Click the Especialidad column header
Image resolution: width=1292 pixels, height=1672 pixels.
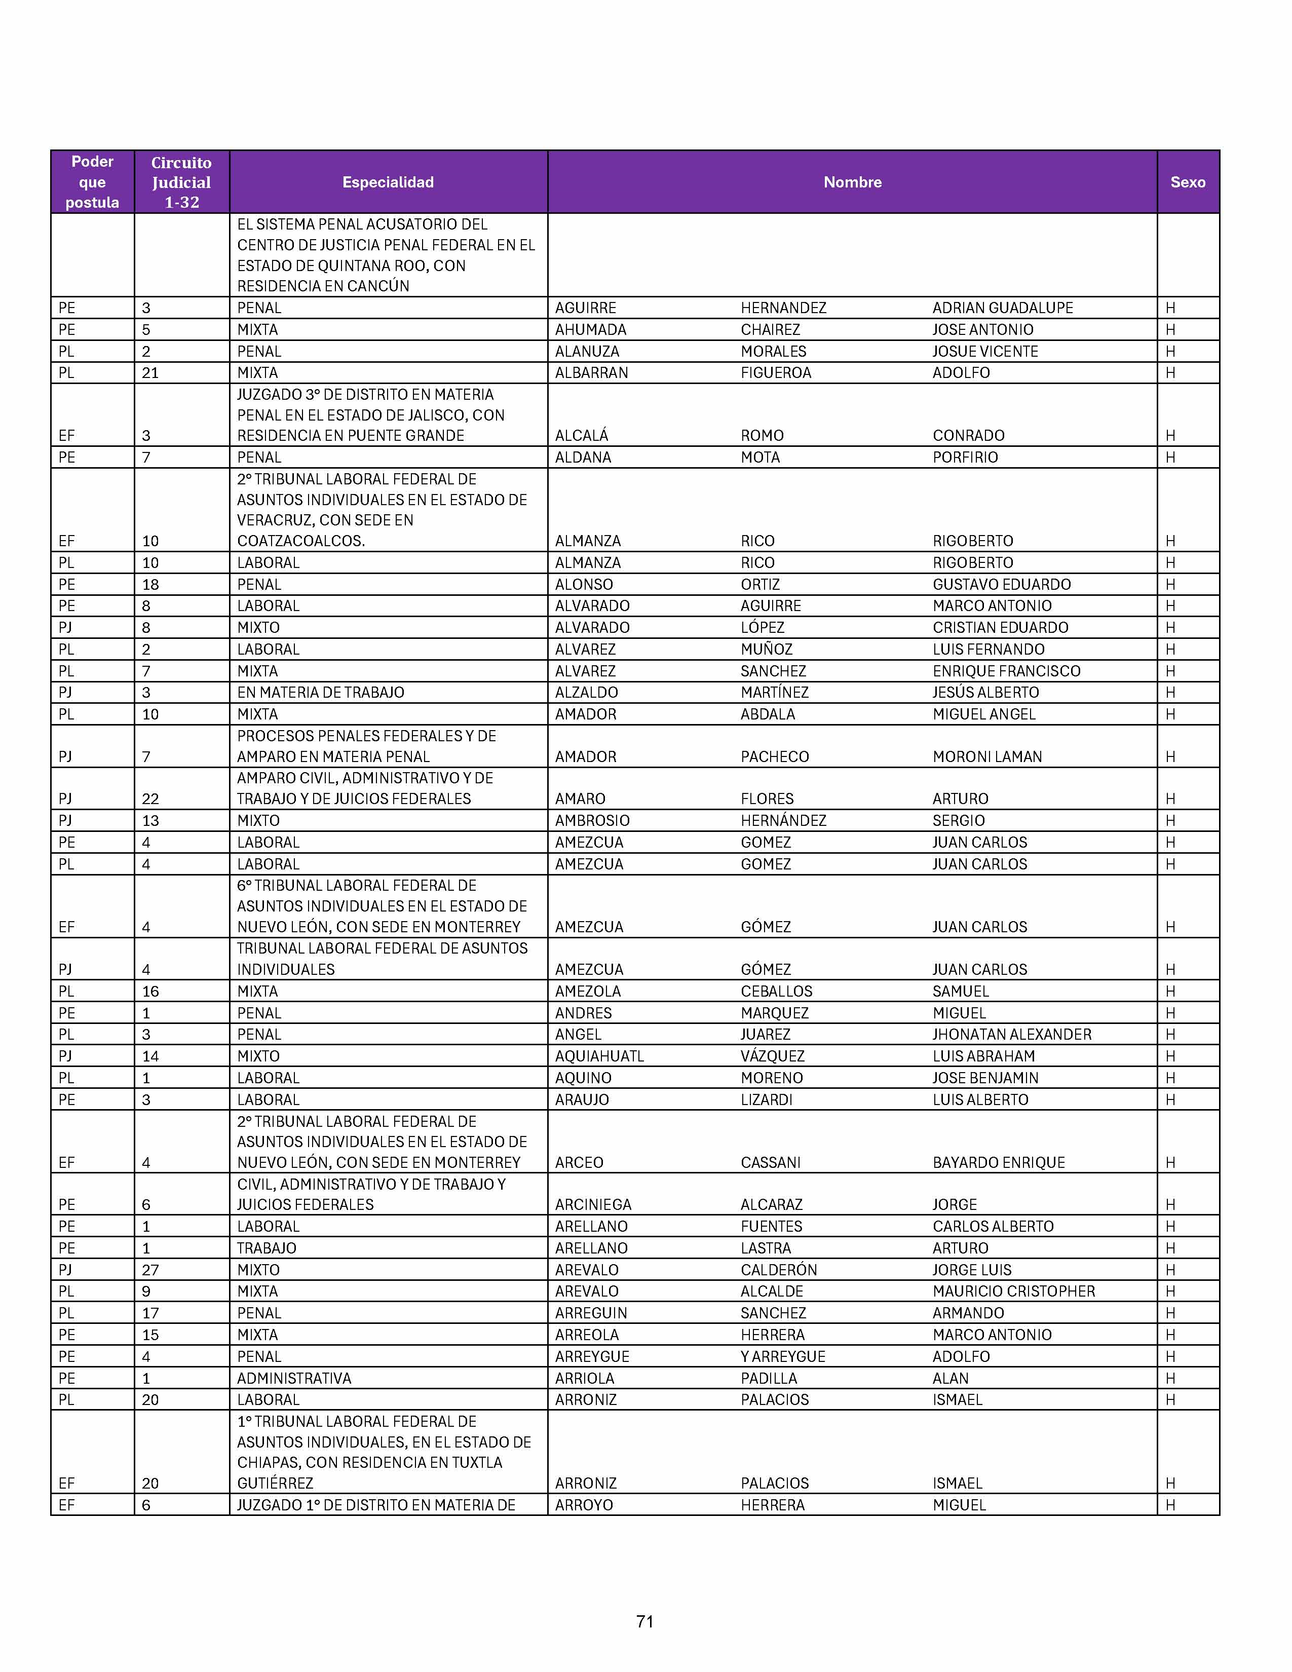(x=388, y=182)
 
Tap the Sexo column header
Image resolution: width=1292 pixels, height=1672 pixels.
(x=1187, y=182)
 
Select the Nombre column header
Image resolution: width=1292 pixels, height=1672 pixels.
(x=852, y=182)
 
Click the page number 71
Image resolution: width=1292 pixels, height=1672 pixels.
(x=644, y=1621)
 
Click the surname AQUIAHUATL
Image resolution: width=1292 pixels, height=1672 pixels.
(x=599, y=1056)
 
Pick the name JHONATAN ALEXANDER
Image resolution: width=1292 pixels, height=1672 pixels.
(x=1011, y=1034)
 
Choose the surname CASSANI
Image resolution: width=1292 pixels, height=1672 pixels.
(x=770, y=1162)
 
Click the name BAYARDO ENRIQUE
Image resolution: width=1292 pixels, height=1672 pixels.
(x=998, y=1162)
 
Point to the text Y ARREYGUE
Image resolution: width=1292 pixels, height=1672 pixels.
(x=782, y=1356)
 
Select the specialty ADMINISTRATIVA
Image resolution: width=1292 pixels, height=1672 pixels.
(x=294, y=1378)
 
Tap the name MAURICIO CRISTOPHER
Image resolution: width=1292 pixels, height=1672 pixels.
(x=1013, y=1291)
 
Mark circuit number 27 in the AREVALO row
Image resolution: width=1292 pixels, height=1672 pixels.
(x=150, y=1269)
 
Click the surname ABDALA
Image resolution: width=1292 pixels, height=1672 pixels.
(x=767, y=714)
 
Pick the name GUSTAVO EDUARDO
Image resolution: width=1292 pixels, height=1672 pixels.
(x=1001, y=584)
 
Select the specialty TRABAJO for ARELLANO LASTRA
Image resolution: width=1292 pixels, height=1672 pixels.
(x=267, y=1248)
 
